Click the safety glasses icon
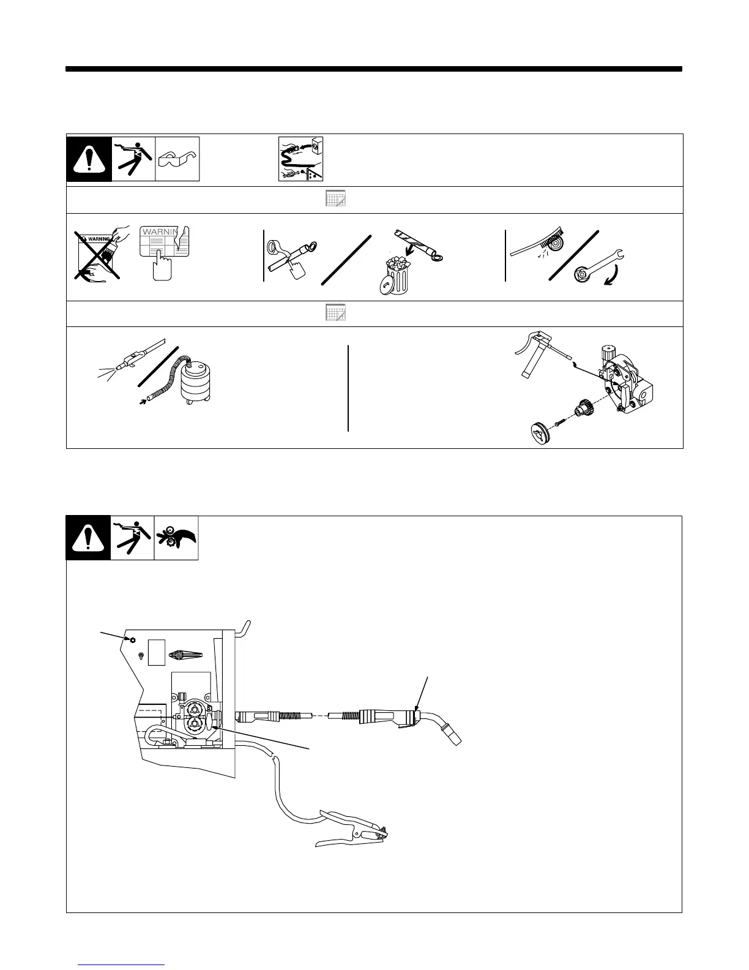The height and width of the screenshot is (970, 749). click(177, 159)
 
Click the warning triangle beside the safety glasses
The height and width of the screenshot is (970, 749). click(89, 159)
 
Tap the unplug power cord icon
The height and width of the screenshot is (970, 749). click(300, 159)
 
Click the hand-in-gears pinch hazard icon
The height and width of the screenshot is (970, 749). click(177, 538)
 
